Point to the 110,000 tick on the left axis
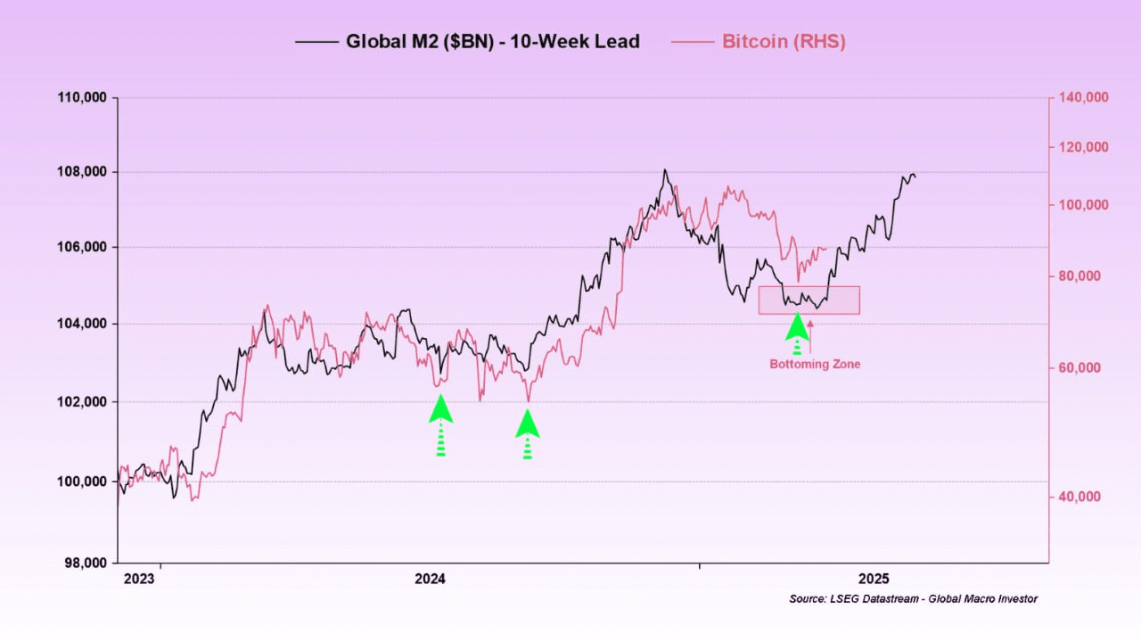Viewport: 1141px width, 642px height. [x=82, y=96]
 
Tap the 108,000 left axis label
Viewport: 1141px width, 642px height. [x=82, y=171]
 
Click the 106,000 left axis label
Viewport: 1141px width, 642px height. [x=82, y=247]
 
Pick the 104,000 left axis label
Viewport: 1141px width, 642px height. [x=82, y=324]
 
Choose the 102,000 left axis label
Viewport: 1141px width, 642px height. [x=82, y=401]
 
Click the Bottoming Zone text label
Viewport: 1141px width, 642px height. [x=815, y=364]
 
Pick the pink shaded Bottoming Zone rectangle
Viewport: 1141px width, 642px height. [x=809, y=300]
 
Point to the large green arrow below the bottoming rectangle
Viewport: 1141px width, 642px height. [x=798, y=330]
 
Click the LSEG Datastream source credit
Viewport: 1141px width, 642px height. [x=913, y=599]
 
